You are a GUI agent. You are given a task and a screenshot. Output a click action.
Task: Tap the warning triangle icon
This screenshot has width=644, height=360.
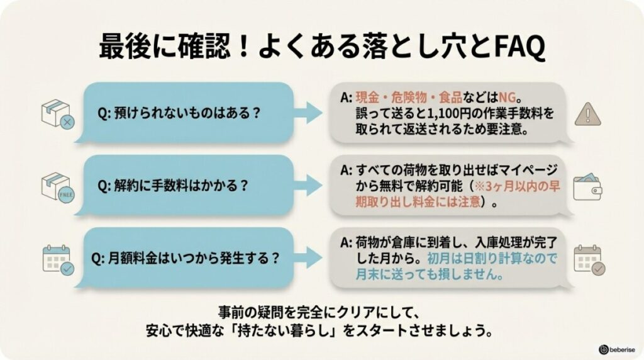click(588, 114)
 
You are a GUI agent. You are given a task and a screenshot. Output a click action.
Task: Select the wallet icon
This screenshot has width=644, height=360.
click(587, 186)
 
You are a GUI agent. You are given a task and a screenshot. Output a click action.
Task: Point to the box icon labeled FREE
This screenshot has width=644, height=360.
click(57, 187)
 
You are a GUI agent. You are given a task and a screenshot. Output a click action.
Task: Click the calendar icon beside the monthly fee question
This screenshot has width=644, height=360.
click(57, 259)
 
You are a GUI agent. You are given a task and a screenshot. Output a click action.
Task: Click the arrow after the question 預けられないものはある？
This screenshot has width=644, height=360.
click(311, 113)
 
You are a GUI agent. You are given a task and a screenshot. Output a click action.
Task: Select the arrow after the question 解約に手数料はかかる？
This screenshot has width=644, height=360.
click(311, 186)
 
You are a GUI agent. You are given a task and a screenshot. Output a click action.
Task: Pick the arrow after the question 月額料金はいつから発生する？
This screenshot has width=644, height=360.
click(311, 258)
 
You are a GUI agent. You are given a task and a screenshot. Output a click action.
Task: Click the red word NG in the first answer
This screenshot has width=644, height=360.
click(508, 98)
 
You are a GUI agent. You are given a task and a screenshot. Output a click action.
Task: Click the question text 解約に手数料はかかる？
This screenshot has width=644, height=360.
click(171, 186)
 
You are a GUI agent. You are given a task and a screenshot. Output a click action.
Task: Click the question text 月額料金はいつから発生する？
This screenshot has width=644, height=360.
click(186, 258)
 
